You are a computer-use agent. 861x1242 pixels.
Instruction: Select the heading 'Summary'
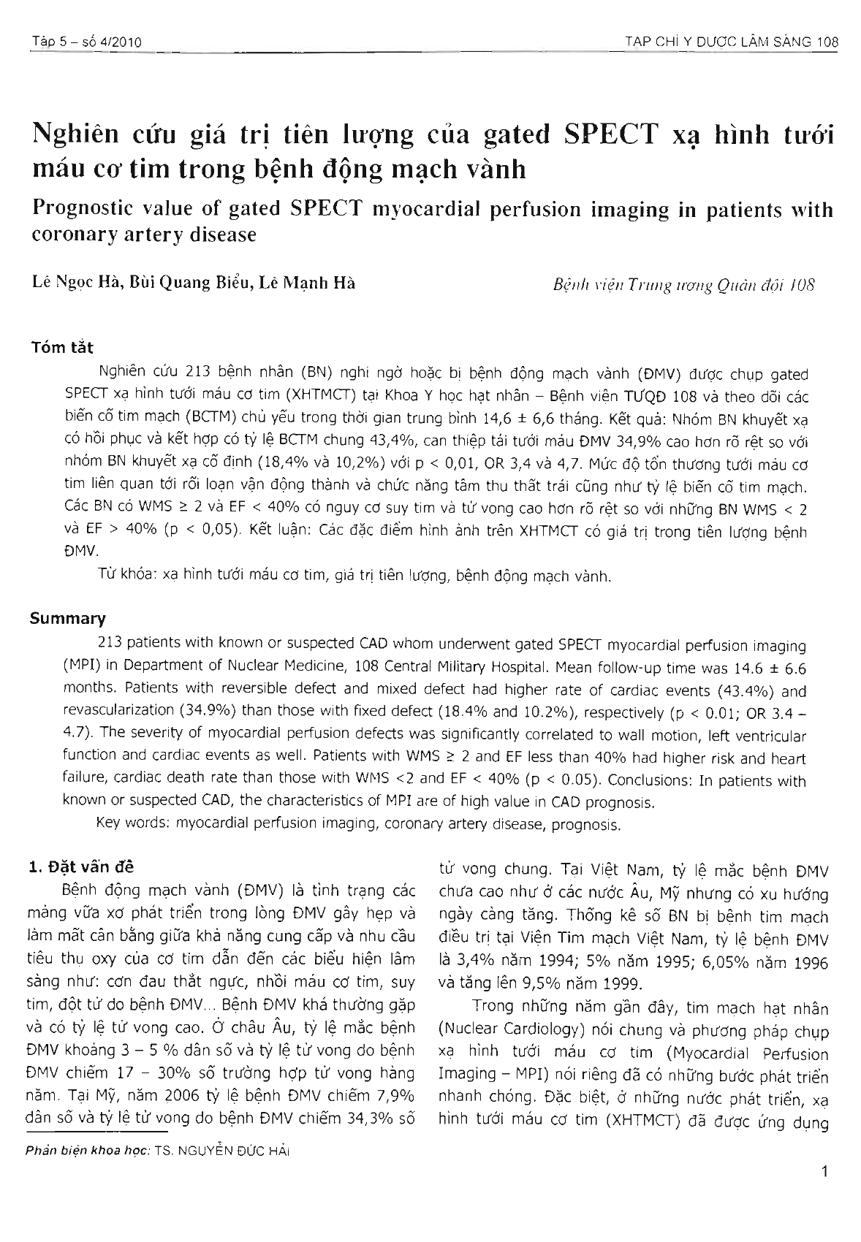67,619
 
